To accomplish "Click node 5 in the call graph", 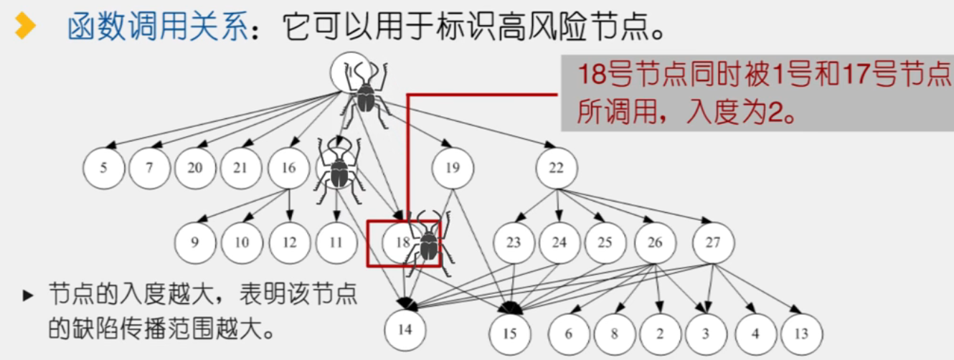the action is [104, 169].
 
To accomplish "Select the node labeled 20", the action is [195, 169].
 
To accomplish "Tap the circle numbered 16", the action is [288, 169].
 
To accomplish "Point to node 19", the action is [453, 169].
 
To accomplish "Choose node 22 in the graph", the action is [556, 169].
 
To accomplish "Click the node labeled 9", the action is [195, 242].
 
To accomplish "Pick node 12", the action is [289, 242].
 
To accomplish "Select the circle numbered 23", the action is [513, 242].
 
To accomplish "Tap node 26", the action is [655, 242].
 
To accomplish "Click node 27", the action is [712, 242].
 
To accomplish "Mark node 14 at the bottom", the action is [405, 330].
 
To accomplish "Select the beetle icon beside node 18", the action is [429, 244].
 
